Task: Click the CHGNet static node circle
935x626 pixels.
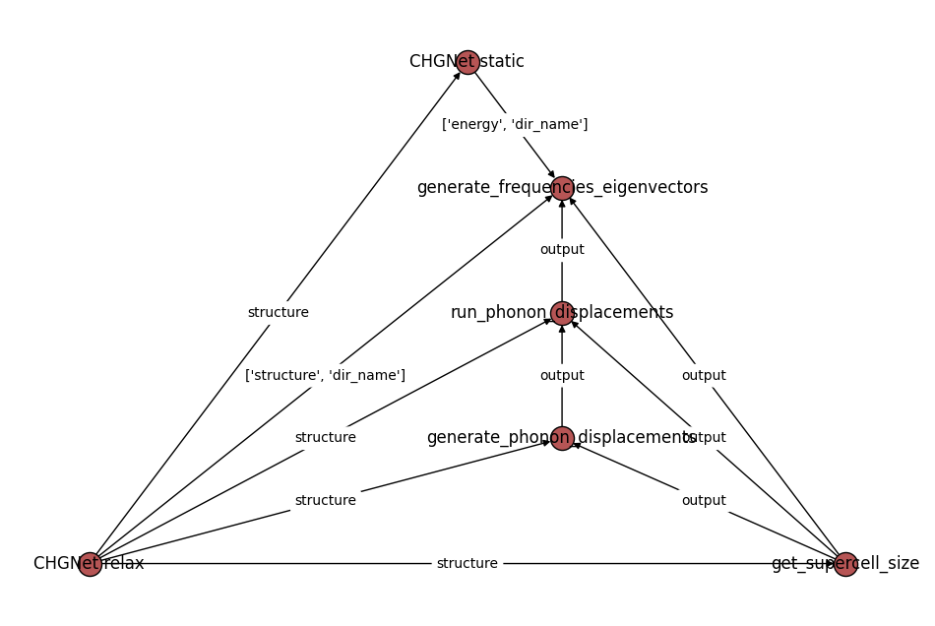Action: point(467,62)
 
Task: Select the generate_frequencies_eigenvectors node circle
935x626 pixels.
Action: point(562,188)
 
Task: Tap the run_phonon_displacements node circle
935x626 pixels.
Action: point(562,313)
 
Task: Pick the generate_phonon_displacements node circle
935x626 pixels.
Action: point(562,438)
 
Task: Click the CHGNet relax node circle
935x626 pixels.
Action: point(90,564)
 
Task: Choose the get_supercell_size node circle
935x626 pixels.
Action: point(845,564)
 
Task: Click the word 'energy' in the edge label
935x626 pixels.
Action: point(483,125)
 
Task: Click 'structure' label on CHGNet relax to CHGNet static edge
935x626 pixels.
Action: point(279,313)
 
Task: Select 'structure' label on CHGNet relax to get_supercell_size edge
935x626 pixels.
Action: point(467,564)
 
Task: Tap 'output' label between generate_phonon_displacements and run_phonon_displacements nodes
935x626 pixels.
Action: point(562,376)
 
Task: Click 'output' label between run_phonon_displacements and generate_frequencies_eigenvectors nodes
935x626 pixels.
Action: point(562,250)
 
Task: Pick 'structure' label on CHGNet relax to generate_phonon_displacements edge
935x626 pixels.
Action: point(326,501)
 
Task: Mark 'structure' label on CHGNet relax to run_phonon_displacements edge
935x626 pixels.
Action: point(326,438)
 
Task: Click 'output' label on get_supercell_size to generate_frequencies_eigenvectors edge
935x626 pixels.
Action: point(704,376)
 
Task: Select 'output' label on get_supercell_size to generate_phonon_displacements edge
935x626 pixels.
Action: point(704,501)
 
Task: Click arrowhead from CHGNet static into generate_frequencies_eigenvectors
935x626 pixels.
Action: point(552,175)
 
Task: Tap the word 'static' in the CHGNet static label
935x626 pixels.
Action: point(503,62)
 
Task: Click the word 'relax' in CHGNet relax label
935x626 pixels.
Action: point(125,564)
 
